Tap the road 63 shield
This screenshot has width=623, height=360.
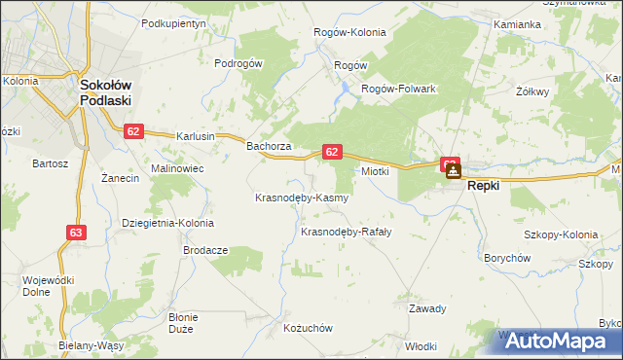pos(77,232)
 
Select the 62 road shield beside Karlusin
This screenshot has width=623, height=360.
pos(134,131)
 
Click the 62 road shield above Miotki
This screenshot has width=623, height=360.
pos(332,152)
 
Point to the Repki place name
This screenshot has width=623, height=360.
pos(484,185)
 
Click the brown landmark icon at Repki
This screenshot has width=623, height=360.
pos(454,171)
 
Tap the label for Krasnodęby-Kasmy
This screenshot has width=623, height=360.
pos(301,198)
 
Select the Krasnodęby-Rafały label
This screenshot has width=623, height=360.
pos(346,232)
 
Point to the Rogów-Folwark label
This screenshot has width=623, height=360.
pos(397,89)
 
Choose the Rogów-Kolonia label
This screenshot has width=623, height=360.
pos(349,32)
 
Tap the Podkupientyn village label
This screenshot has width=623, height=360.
pos(174,22)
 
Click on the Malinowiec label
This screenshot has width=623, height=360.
pos(176,167)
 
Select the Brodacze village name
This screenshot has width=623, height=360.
pos(205,250)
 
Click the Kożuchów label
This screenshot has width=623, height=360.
pos(308,329)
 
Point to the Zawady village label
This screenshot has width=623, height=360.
pos(427,309)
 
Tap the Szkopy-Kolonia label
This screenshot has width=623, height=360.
pos(561,234)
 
